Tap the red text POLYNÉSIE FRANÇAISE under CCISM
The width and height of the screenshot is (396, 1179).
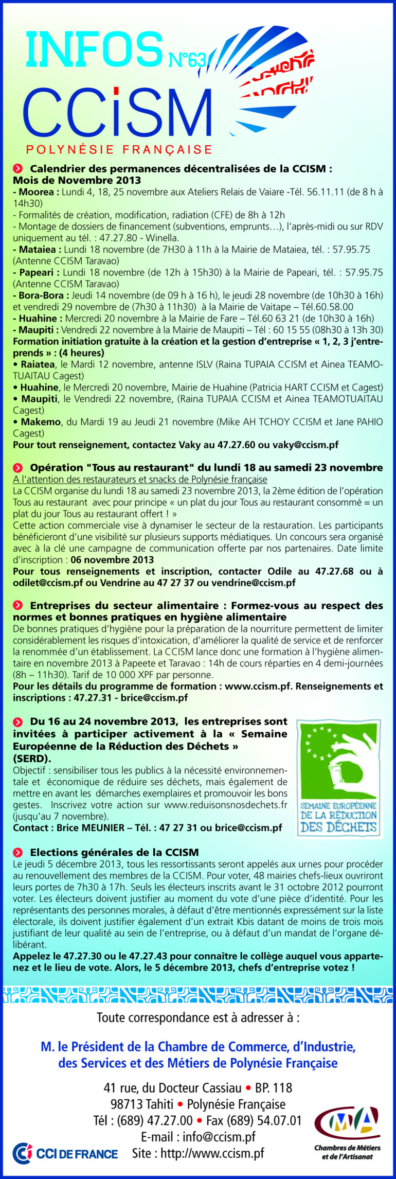point(119,150)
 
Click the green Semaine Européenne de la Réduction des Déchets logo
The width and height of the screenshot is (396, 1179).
point(339,778)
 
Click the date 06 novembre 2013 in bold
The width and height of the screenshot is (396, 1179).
point(112,559)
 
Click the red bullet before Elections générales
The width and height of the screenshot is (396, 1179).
point(18,852)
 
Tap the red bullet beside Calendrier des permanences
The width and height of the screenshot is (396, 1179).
point(18,168)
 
